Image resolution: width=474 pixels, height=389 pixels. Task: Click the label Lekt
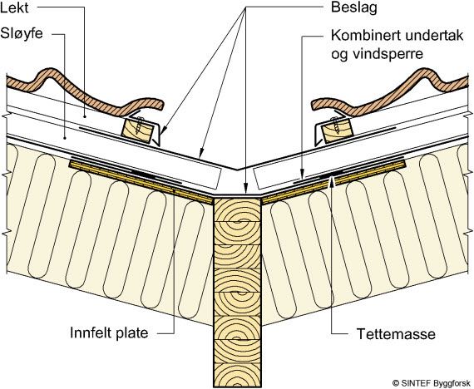(14, 7)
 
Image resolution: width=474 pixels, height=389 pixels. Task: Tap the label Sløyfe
(22, 33)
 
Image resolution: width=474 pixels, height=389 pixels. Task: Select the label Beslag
(354, 7)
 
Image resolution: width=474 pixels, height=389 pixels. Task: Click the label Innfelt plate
(109, 332)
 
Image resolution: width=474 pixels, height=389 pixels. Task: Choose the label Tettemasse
(396, 334)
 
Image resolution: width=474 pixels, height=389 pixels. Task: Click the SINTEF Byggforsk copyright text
(433, 382)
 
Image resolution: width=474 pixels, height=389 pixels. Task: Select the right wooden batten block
(337, 130)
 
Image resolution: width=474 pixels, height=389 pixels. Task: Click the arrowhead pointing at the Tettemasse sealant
(333, 182)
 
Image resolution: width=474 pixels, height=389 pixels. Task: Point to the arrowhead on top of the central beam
(246, 187)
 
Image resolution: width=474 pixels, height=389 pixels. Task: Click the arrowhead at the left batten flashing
(162, 130)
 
